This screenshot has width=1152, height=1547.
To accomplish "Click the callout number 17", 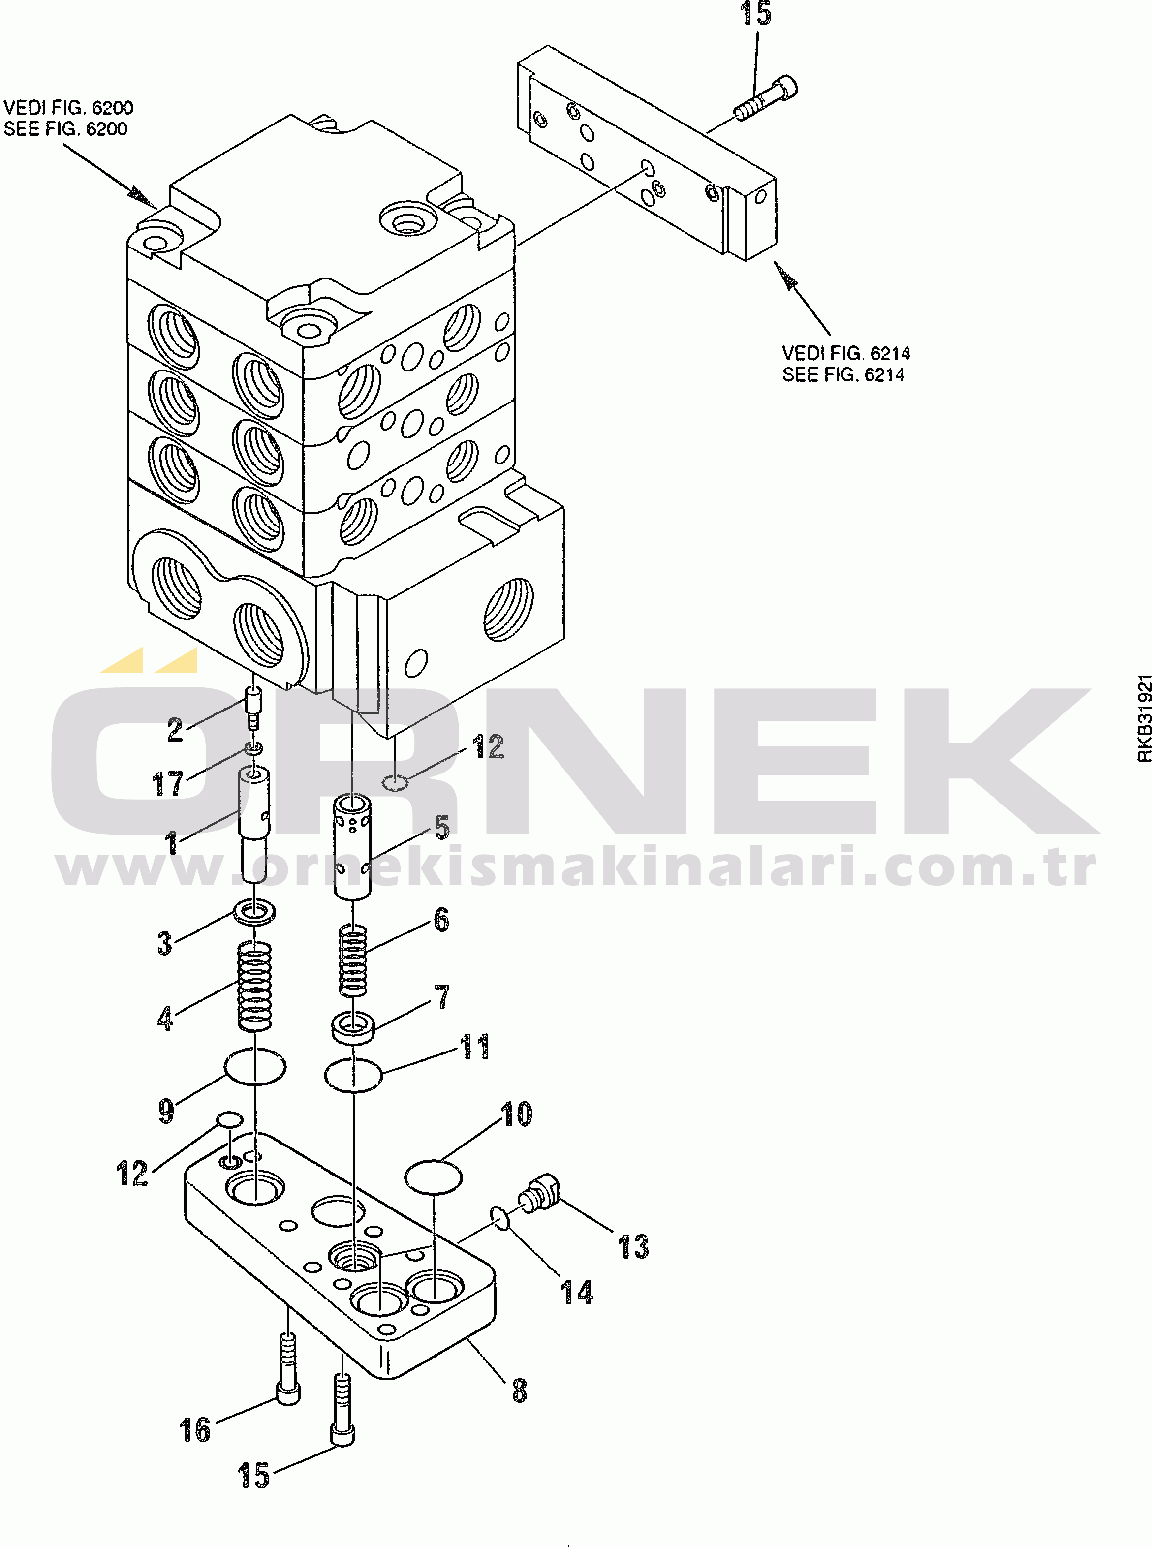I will pyautogui.click(x=167, y=784).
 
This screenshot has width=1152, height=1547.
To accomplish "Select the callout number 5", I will pyautogui.click(x=441, y=828).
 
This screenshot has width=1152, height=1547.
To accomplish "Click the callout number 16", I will pyautogui.click(x=194, y=1430).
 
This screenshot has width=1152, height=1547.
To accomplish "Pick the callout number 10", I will pyautogui.click(x=517, y=1114).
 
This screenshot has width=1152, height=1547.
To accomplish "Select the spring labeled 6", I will pyautogui.click(x=353, y=960).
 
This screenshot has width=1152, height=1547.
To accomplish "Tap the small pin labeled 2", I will pyautogui.click(x=253, y=707).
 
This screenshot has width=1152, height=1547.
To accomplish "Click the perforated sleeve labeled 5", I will pyautogui.click(x=352, y=847).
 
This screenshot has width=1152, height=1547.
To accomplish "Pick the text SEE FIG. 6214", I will pyautogui.click(x=843, y=375).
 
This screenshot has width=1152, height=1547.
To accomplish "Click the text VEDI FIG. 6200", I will pyautogui.click(x=68, y=107).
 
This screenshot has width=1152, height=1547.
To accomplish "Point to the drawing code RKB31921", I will pyautogui.click(x=1144, y=717).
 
